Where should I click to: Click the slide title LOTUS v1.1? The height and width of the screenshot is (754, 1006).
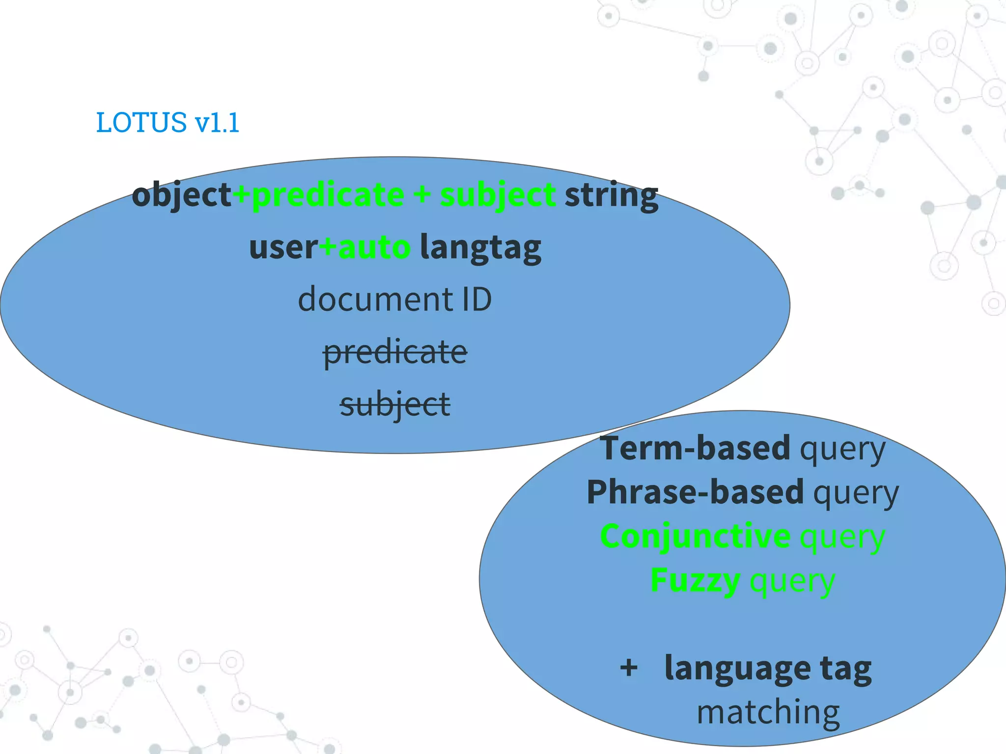point(168,122)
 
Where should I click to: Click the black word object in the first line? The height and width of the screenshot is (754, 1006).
point(181,195)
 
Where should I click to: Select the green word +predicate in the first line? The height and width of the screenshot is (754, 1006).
point(318,195)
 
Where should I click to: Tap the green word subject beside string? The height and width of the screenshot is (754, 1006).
point(498,195)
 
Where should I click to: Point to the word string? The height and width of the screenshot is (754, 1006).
point(611,195)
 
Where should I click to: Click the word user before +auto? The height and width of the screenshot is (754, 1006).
point(283,247)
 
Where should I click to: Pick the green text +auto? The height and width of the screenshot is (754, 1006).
point(365,247)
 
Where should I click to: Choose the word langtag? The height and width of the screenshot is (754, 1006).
point(480,247)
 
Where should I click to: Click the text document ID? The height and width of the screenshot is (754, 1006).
point(395,299)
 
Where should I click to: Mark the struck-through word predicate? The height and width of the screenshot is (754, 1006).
point(395,352)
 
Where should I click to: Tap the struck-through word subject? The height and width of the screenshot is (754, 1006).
point(395,404)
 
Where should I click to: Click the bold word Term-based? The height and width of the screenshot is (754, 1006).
point(695,448)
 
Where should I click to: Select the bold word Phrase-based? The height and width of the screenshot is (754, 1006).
point(695,492)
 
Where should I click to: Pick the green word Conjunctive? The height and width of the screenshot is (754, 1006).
point(695,536)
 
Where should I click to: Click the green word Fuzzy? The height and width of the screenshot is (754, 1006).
point(695,580)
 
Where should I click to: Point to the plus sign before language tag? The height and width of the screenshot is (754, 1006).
point(629,668)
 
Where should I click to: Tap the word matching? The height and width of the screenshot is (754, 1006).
point(768,712)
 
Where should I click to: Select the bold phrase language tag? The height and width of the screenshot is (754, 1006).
point(768,669)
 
